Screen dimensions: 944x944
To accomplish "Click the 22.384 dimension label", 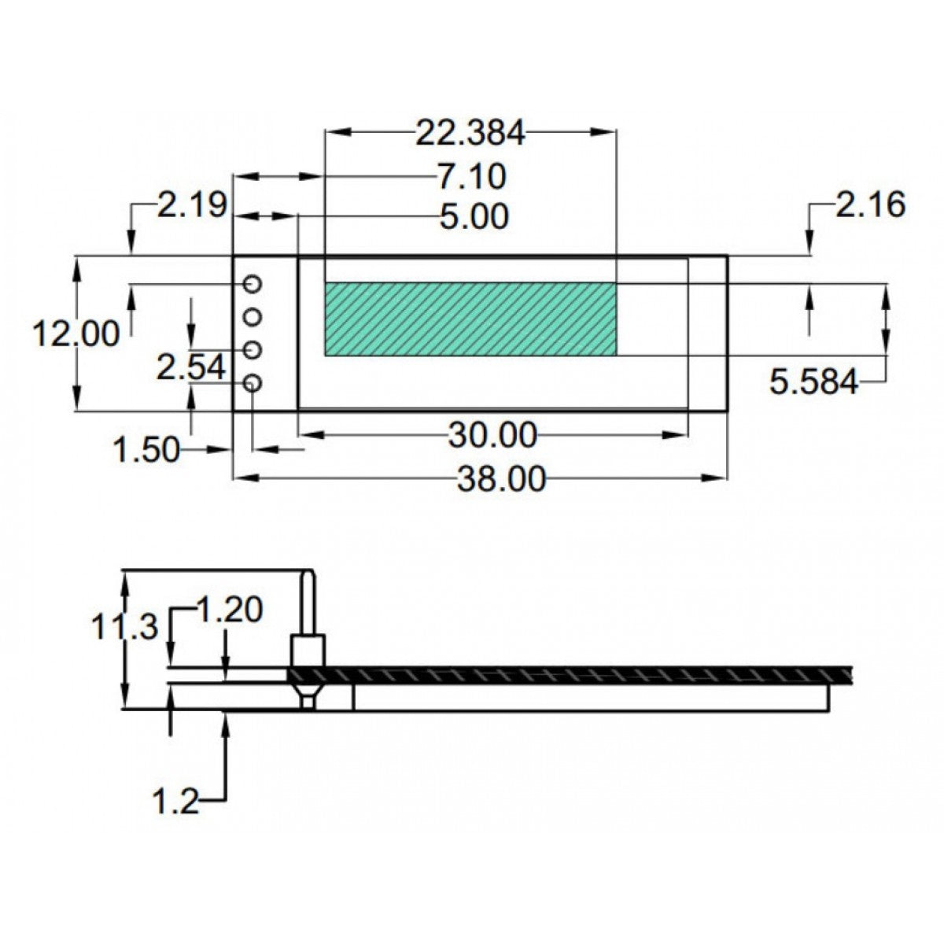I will tap(470, 133).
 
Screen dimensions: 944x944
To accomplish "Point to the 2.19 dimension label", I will tap(192, 205).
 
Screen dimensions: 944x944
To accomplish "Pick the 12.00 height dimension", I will tap(76, 334).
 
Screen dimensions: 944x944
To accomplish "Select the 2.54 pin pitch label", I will tap(191, 367).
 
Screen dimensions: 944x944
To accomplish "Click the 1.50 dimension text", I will tap(146, 451).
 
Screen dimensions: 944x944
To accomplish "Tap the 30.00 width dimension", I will tap(492, 433).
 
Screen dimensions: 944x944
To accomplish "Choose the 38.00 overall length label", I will tap(500, 478).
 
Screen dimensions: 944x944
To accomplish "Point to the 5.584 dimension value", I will tap(813, 382).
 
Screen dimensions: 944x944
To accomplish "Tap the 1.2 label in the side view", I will tap(175, 802).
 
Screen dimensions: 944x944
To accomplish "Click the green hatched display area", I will tap(470, 319).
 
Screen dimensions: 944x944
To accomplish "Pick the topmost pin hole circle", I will tap(253, 283).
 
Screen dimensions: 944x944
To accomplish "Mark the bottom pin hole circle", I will tap(253, 383).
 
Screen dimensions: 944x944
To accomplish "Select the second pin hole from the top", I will tap(253, 316).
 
